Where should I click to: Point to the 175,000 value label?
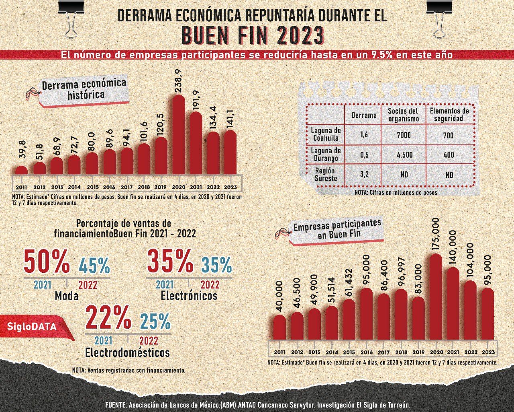pyautogui.click(x=436, y=235)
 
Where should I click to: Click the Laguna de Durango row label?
pyautogui.click(x=326, y=154)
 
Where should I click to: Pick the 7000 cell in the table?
pyautogui.click(x=404, y=135)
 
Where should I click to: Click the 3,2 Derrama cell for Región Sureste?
pyautogui.click(x=364, y=175)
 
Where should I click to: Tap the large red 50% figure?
pyautogui.click(x=46, y=262)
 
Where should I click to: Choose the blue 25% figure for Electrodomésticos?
pyautogui.click(x=155, y=321)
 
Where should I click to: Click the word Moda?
pyautogui.click(x=66, y=296)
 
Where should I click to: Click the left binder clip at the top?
pyautogui.click(x=71, y=18)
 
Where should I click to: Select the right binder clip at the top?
pyautogui.click(x=439, y=18)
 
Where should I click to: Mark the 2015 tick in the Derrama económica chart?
pyautogui.click(x=92, y=187)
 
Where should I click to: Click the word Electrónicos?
pyautogui.click(x=189, y=296)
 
